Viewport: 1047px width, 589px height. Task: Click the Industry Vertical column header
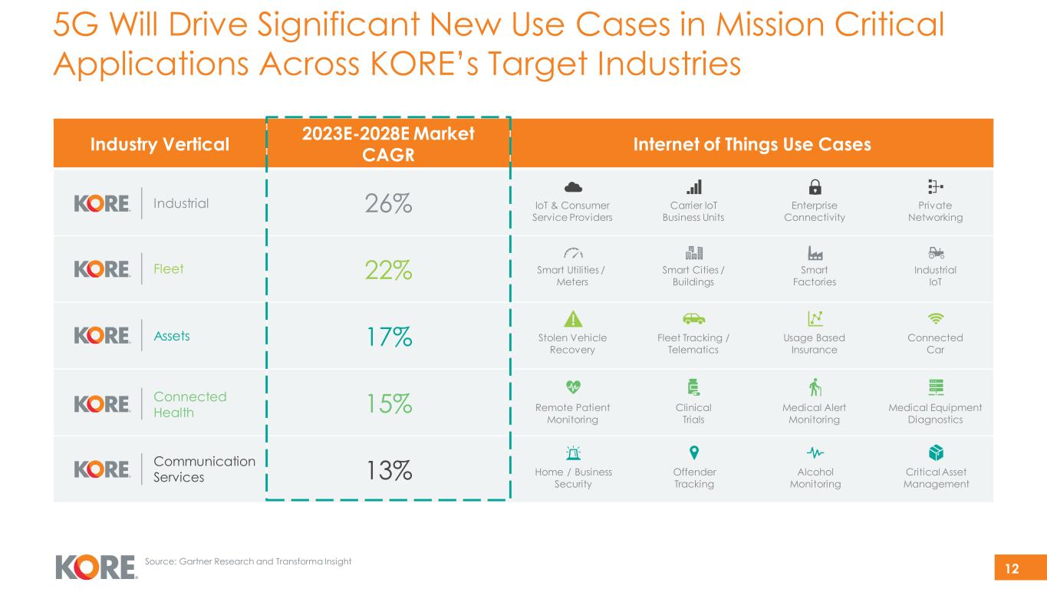coord(159,144)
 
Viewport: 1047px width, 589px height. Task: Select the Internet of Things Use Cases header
coord(751,144)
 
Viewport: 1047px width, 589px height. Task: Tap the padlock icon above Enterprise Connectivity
coord(815,187)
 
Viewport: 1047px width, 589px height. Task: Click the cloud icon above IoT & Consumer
coord(572,187)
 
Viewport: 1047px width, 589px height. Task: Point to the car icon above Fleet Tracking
coord(693,319)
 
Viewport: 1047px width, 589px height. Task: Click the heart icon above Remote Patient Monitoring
coord(572,386)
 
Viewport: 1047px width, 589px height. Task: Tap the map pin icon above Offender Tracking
coord(693,452)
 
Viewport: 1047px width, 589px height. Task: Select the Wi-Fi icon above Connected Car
coord(936,319)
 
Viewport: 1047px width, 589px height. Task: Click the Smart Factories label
coord(815,276)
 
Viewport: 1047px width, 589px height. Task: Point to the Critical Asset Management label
coord(936,478)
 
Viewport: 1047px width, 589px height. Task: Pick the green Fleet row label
coord(169,269)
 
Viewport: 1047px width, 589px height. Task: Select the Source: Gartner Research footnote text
coord(248,561)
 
